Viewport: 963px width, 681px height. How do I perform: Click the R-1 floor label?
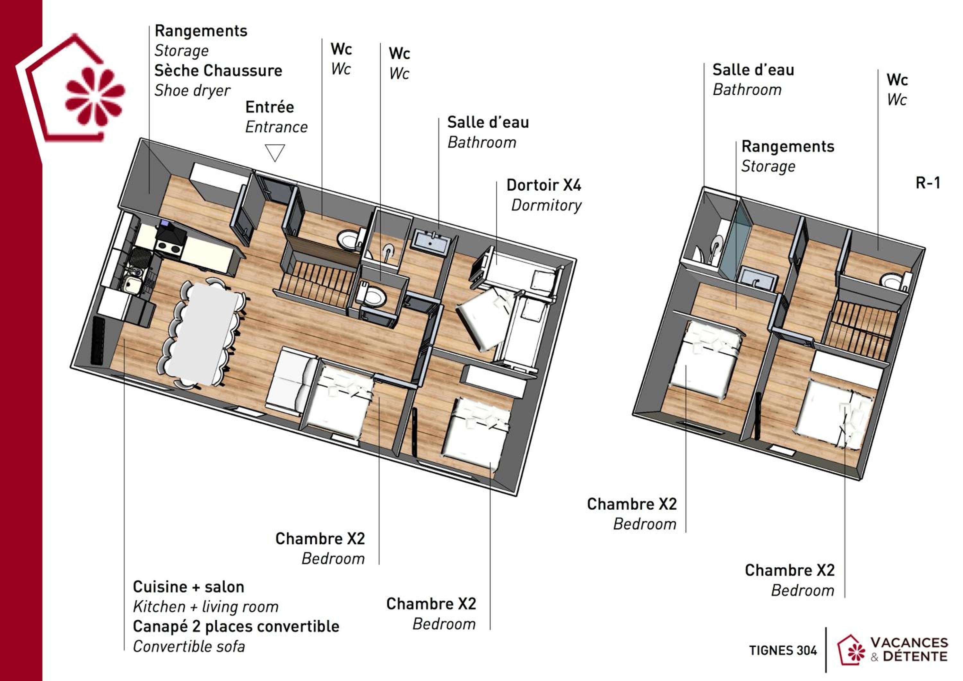tap(928, 183)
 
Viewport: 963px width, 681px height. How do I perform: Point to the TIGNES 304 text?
tap(783, 651)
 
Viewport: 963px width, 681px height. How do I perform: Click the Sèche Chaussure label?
tap(218, 71)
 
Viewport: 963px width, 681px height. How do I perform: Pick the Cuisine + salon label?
tap(188, 587)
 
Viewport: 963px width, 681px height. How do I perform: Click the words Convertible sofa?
tap(189, 646)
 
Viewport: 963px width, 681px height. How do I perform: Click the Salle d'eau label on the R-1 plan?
tap(753, 70)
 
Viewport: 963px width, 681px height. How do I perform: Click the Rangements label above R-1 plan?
tap(788, 146)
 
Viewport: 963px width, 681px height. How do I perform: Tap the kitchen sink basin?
tap(133, 284)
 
